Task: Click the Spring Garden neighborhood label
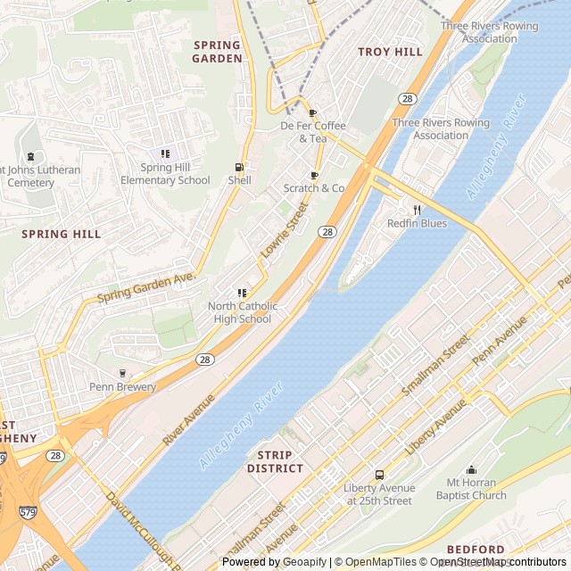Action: point(217,52)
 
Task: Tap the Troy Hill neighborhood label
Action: point(390,52)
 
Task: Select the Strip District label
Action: point(275,461)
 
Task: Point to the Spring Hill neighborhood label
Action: point(62,234)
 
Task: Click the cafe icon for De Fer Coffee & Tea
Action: point(312,112)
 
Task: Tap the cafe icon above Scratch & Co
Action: point(313,175)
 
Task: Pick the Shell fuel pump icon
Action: point(238,167)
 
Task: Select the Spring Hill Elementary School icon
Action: point(164,154)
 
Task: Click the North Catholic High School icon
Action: point(240,293)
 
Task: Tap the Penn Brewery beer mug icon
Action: point(122,373)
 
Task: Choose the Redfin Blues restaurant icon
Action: point(416,210)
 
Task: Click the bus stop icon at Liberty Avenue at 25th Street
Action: point(379,475)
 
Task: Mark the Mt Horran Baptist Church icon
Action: point(471,470)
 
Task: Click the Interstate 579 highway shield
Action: point(26,515)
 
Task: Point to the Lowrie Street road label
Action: point(285,230)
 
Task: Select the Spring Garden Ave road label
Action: point(145,287)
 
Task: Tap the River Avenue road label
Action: point(189,419)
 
